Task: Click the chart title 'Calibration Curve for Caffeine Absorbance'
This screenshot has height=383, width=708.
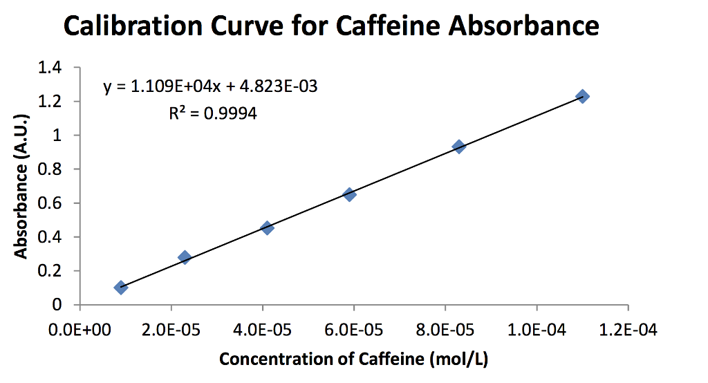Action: point(331,27)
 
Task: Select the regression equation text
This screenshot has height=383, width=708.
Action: point(211,88)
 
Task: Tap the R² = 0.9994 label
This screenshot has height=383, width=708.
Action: point(213,113)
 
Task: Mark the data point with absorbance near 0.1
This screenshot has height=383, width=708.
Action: point(121,288)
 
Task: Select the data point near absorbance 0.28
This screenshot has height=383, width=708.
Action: point(185,257)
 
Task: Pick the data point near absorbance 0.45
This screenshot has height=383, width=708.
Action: point(267,228)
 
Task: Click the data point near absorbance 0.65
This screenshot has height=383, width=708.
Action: point(349,195)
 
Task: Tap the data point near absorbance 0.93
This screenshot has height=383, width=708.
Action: point(458,147)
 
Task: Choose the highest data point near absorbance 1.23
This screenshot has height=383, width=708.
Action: point(582,97)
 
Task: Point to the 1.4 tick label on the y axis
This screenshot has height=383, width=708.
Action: point(52,68)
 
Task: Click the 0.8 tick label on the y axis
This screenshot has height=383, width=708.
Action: point(52,169)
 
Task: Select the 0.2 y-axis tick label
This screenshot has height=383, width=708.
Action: point(52,271)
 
